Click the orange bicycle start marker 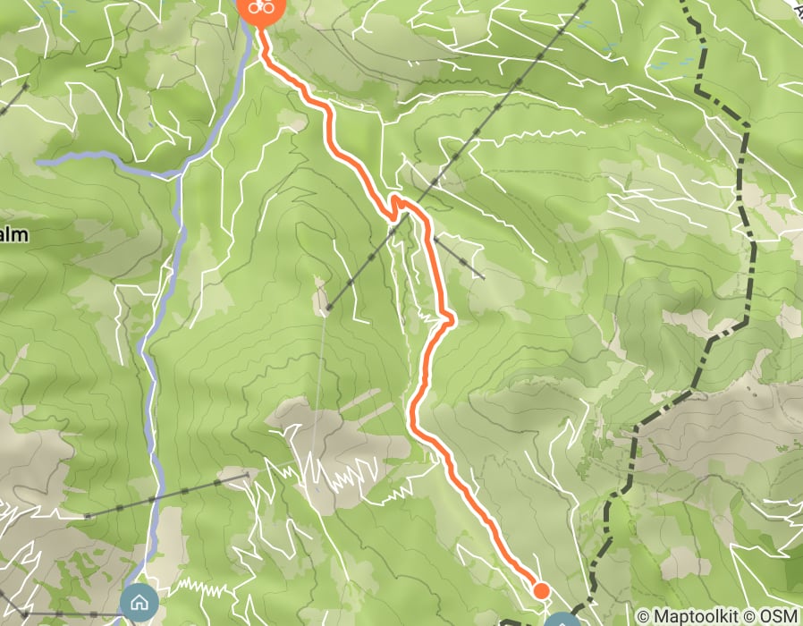tap(260, 7)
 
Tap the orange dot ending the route tap(540, 589)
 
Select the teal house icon tap(139, 601)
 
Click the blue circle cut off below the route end tap(562, 620)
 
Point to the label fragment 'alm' tap(13, 235)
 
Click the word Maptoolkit tap(698, 616)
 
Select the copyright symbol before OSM tap(753, 616)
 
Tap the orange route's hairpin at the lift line tap(394, 205)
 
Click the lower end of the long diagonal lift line tap(327, 309)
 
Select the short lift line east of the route tap(459, 258)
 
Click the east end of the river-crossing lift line tap(245, 477)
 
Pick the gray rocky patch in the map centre tap(331, 447)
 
